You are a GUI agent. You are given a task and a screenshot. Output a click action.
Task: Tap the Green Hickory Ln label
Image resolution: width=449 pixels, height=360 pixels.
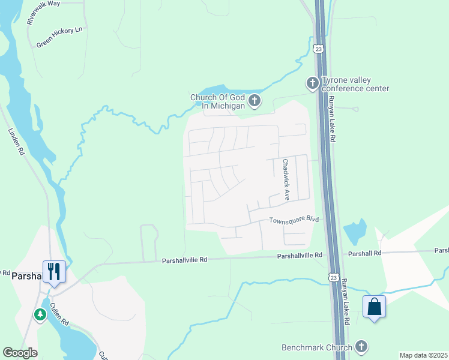[x=59, y=37]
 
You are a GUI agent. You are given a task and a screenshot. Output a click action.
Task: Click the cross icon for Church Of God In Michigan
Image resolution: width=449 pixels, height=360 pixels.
[x=255, y=101]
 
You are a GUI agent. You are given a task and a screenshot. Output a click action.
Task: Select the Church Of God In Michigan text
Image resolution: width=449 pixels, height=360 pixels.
[x=218, y=101]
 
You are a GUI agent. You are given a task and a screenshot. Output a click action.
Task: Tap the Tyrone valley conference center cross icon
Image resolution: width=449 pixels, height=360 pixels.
[x=312, y=83]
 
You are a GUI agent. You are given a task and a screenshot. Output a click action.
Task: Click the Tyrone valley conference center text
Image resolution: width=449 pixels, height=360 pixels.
[x=355, y=84]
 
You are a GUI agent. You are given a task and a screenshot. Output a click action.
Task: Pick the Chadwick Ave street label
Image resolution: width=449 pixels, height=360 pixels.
[x=286, y=179]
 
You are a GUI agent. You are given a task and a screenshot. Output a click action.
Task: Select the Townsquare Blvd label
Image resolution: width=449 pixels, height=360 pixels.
[x=293, y=220]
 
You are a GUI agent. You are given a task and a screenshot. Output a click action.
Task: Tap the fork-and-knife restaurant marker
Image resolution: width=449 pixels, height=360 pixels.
[x=53, y=271]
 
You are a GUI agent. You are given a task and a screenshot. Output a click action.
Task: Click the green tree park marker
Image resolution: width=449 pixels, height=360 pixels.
[x=40, y=314]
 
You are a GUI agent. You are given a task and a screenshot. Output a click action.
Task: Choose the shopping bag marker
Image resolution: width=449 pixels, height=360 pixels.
[x=374, y=307]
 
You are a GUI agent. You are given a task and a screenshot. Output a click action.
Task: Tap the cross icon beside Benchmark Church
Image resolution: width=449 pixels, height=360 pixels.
[x=361, y=346]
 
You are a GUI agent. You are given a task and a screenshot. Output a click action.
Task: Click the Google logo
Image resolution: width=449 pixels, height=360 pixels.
[x=20, y=353]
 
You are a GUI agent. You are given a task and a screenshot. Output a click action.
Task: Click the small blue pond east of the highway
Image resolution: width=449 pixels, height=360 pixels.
[x=355, y=229]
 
